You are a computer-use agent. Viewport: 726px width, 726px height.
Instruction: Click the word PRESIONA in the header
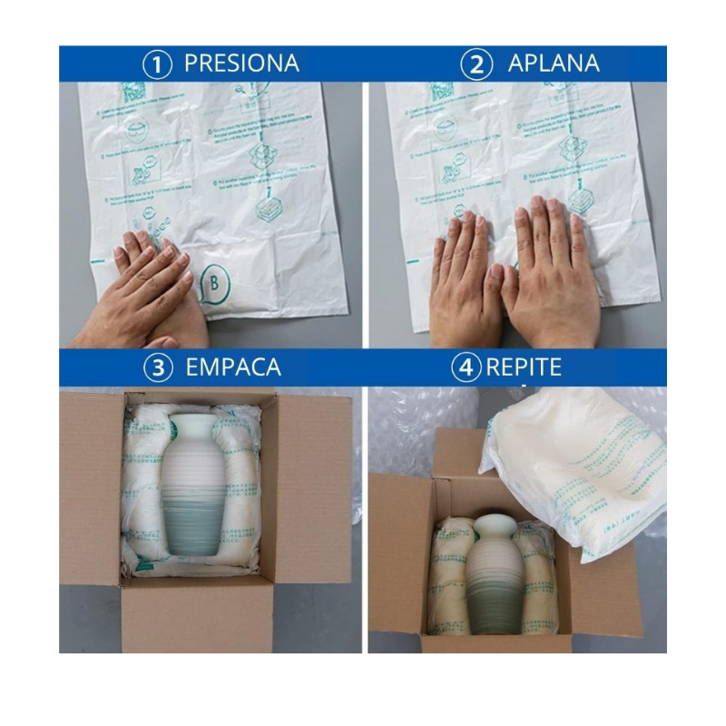coord(241,64)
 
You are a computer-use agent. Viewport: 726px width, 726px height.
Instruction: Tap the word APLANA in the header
coord(554,64)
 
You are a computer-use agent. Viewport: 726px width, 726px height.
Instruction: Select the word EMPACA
coord(233,368)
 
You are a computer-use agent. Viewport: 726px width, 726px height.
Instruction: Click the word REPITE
coord(524,368)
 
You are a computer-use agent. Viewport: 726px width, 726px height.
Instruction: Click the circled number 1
coord(157,64)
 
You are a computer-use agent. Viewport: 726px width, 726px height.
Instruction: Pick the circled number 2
coord(476,64)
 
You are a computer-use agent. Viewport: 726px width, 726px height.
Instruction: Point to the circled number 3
coord(158,368)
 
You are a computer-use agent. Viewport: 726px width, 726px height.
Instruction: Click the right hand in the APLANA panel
coord(554,272)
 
